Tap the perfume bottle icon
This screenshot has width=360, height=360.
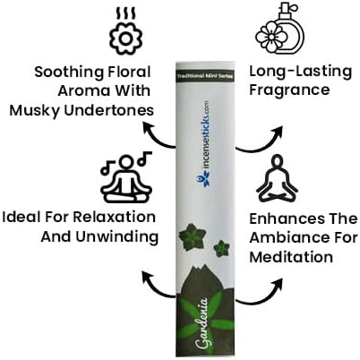pyautogui.click(x=279, y=29)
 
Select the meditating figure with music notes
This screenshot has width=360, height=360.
pyautogui.click(x=126, y=177)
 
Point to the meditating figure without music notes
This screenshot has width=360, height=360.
pyautogui.click(x=278, y=179)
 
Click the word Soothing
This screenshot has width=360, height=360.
pyautogui.click(x=69, y=73)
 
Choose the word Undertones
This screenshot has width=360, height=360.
pyautogui.click(x=109, y=110)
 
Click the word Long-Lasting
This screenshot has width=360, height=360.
pyautogui.click(x=301, y=72)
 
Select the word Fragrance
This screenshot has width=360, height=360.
pyautogui.click(x=289, y=90)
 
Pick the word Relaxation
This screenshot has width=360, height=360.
pyautogui.click(x=115, y=217)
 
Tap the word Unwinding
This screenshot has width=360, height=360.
pyautogui.click(x=117, y=237)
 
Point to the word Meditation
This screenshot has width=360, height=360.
pyautogui.click(x=291, y=257)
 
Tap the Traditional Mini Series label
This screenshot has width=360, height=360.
pyautogui.click(x=205, y=76)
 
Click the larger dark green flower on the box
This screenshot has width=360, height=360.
pyautogui.click(x=192, y=237)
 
